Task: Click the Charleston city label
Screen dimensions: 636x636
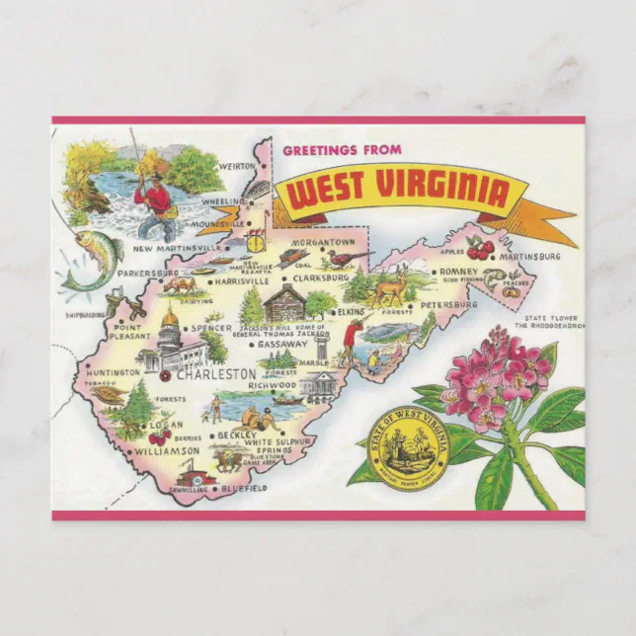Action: (x=216, y=374)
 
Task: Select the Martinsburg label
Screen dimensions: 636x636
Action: (x=531, y=257)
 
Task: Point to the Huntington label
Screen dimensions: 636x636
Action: (x=113, y=372)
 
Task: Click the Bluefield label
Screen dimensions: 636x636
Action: (x=243, y=488)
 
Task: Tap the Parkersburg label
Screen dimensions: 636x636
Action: (x=146, y=272)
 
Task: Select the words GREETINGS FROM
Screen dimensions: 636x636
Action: (x=342, y=150)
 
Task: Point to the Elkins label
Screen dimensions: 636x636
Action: (x=352, y=312)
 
